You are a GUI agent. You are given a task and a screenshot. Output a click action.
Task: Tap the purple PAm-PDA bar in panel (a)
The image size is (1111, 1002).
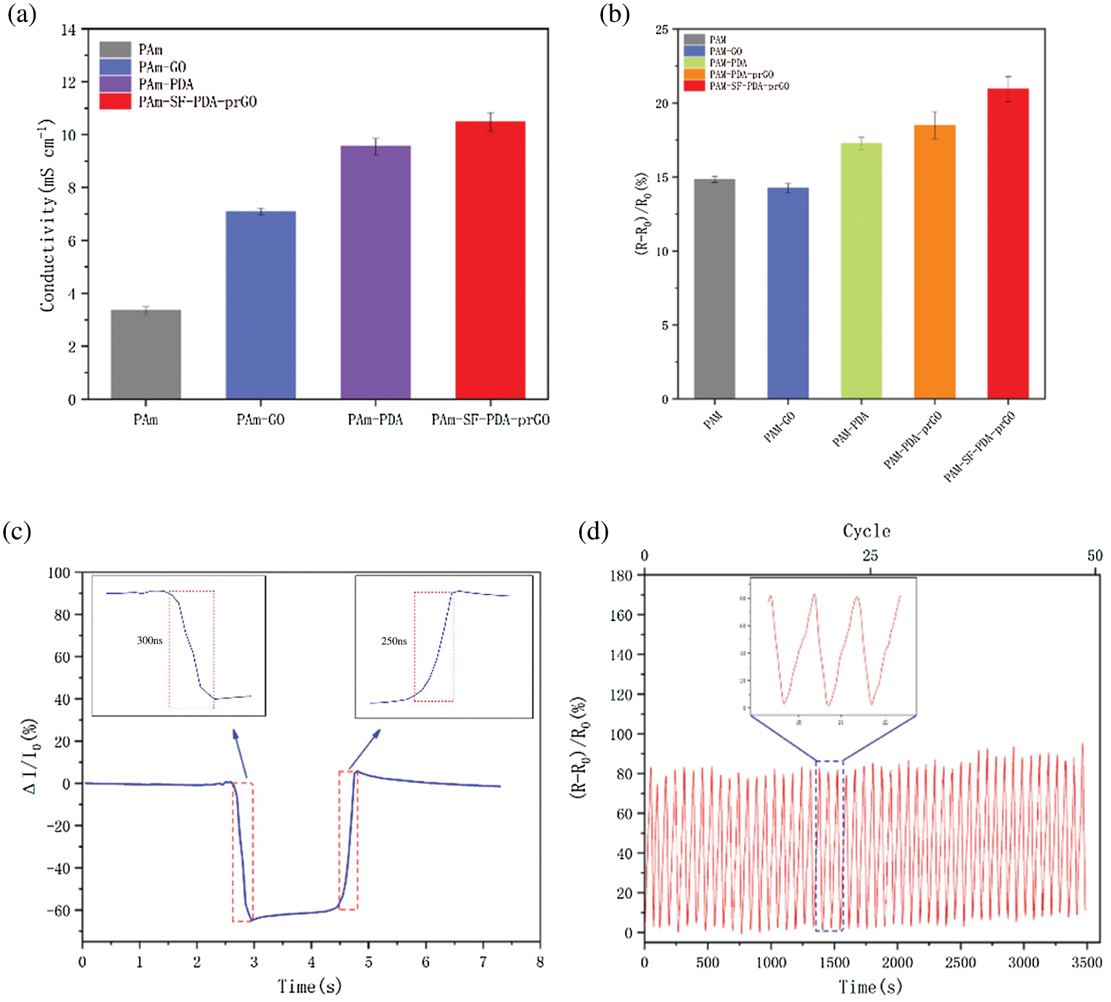(x=376, y=272)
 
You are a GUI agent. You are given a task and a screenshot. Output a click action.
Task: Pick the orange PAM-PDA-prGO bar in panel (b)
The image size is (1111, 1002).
(x=935, y=262)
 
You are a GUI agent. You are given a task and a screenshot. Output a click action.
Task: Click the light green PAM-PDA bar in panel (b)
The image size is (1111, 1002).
(x=861, y=271)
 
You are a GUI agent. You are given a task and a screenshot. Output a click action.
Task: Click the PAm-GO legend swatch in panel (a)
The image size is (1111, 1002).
(x=115, y=67)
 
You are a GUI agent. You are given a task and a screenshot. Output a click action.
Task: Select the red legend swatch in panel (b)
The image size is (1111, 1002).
(x=694, y=86)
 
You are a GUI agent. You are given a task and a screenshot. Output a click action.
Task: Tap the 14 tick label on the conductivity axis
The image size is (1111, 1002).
(x=69, y=30)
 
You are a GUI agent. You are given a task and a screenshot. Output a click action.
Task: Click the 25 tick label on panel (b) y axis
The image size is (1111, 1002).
(x=662, y=30)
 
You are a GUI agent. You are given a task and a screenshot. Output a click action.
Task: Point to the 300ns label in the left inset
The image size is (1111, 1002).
(x=149, y=640)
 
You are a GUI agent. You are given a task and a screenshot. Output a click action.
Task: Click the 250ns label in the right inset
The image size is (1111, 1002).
(x=394, y=641)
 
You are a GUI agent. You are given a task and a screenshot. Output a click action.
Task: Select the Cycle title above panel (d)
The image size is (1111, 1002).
(x=867, y=532)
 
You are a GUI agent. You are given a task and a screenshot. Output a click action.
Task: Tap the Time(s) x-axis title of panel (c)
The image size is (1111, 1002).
(x=310, y=986)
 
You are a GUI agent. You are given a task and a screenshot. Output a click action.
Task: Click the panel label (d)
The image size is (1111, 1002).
(x=593, y=532)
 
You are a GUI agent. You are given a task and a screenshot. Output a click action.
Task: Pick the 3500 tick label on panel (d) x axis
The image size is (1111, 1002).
(x=1086, y=963)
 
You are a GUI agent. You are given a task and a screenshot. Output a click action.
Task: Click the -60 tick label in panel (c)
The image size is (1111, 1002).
(x=59, y=910)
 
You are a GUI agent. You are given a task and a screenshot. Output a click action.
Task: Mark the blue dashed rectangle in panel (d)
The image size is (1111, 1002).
(x=829, y=846)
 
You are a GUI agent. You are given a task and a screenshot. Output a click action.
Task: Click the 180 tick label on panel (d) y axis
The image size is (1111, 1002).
(x=621, y=576)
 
